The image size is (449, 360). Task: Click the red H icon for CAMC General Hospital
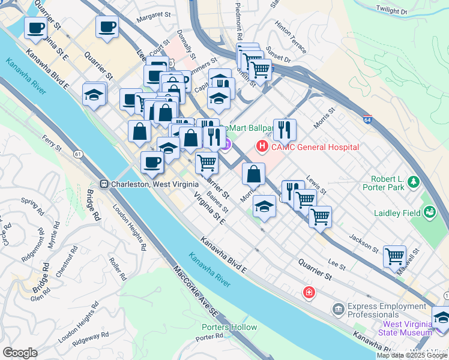[262, 146]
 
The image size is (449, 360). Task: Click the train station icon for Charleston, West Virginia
[104, 184]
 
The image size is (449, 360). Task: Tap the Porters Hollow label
[229, 327]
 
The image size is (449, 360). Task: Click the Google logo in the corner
[20, 352]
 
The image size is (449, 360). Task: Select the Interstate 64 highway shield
[367, 119]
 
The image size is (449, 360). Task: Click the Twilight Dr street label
[391, 11]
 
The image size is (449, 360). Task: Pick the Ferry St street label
[52, 143]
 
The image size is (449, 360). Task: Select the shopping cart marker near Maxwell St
[395, 257]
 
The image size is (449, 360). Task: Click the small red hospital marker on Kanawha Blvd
[309, 292]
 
